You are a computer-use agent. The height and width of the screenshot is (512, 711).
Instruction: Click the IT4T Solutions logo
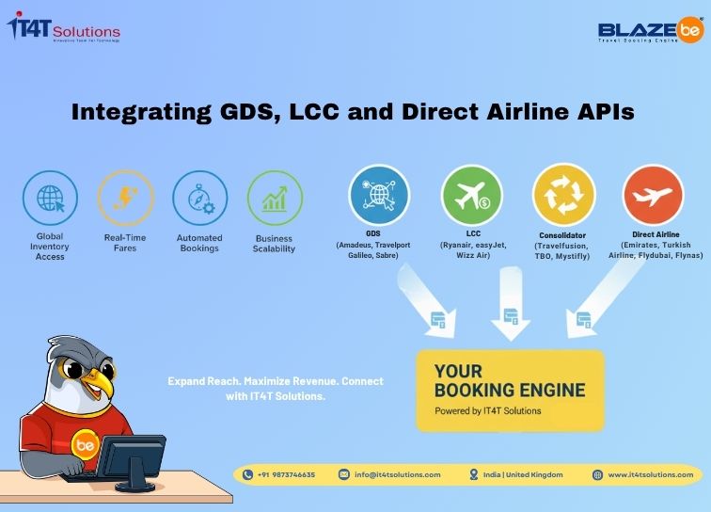tap(63, 27)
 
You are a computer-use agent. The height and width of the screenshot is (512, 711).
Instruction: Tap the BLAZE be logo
tap(650, 31)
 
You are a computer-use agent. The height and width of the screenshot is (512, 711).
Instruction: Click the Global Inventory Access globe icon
tap(50, 198)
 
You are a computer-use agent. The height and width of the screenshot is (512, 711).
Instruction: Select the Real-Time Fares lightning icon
tap(125, 198)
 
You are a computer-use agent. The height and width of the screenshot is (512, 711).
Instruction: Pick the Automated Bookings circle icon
tap(199, 198)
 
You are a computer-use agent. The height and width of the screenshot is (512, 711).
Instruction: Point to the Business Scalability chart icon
tap(274, 198)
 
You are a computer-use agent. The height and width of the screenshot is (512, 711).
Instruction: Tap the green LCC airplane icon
tap(472, 195)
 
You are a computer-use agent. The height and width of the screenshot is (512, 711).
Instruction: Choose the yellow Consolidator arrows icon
tap(563, 195)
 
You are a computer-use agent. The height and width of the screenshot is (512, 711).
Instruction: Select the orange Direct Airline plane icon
tap(654, 195)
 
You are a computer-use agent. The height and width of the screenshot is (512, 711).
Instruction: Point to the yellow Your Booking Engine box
tap(510, 390)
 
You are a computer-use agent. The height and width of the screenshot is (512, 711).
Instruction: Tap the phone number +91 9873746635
tap(288, 474)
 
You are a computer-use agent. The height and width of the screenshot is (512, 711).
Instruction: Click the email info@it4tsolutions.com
tap(397, 474)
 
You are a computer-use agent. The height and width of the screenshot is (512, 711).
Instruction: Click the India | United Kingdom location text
tap(518, 474)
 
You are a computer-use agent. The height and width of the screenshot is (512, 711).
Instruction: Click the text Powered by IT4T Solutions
tap(487, 411)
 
